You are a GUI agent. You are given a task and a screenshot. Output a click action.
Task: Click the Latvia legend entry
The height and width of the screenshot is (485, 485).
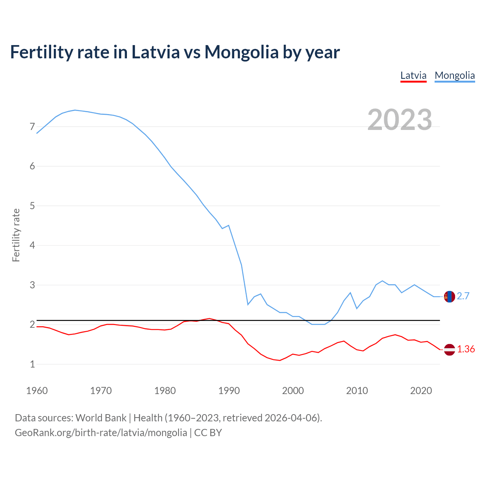pyautogui.click(x=413, y=75)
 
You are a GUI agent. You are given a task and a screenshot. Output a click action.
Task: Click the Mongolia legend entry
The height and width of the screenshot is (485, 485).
pyautogui.click(x=455, y=75)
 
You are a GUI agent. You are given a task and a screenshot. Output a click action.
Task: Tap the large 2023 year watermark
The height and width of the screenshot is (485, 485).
pyautogui.click(x=400, y=120)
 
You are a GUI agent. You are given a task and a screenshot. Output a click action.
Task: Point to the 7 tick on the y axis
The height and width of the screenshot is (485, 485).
pyautogui.click(x=32, y=127)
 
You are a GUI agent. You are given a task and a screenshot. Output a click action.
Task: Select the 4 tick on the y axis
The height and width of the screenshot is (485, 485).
pyautogui.click(x=32, y=245)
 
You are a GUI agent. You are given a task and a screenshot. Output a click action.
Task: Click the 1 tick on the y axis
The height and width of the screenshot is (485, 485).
pyautogui.click(x=32, y=364)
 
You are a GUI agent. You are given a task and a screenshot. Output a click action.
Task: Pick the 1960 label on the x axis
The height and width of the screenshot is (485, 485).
pyautogui.click(x=37, y=391)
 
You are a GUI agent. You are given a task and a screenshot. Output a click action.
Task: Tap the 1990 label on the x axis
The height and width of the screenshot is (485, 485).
pyautogui.click(x=229, y=391)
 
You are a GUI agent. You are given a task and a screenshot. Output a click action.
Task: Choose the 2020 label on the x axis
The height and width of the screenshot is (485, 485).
pyautogui.click(x=421, y=391)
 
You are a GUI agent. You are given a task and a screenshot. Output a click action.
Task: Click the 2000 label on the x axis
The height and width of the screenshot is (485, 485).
pyautogui.click(x=293, y=391)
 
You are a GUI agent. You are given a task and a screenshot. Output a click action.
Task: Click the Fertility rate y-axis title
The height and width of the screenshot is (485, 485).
pyautogui.click(x=16, y=235)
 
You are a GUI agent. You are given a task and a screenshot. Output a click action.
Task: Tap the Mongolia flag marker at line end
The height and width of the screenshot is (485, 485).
pyautogui.click(x=449, y=296)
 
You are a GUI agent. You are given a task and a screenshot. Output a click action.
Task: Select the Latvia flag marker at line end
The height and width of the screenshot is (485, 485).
pyautogui.click(x=449, y=349)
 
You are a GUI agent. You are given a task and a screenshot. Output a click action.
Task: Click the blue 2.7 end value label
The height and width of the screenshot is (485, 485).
pyautogui.click(x=463, y=296)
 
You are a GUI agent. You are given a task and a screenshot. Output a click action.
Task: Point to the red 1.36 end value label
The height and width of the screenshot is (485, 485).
pyautogui.click(x=466, y=349)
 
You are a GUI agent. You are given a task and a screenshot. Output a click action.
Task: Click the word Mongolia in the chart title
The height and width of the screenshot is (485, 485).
pyautogui.click(x=241, y=52)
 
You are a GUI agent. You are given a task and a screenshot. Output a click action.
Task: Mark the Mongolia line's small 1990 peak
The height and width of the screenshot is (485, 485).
pyautogui.click(x=228, y=225)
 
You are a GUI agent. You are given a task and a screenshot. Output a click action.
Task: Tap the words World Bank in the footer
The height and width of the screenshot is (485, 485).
pyautogui.click(x=101, y=418)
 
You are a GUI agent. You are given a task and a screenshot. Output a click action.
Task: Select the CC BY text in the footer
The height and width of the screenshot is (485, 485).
pyautogui.click(x=208, y=433)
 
